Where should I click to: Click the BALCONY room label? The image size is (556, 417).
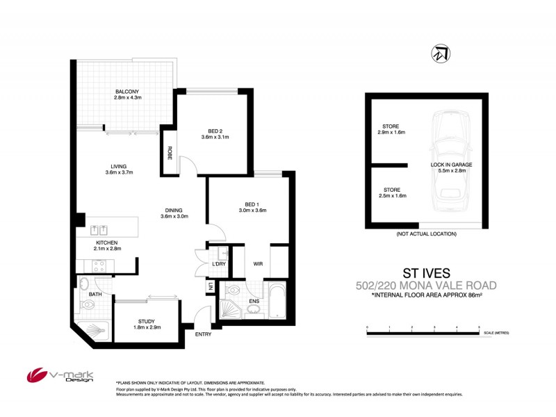126,92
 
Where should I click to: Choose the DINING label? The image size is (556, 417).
174,209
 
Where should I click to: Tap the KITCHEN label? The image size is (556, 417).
108,242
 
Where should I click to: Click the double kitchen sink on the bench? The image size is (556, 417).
97,229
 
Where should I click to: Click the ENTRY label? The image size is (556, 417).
203,334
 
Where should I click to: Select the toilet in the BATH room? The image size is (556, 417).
84,284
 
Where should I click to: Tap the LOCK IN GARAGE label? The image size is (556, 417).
451,164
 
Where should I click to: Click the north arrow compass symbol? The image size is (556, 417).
439,54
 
